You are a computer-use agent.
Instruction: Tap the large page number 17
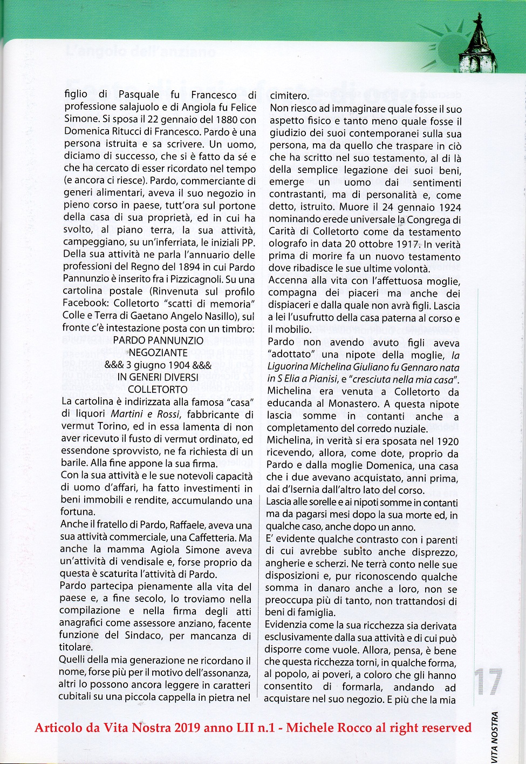point(488,682)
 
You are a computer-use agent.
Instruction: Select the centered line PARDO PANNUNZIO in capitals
point(158,340)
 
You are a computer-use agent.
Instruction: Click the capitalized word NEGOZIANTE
point(158,353)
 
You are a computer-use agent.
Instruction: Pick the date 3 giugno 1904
point(158,365)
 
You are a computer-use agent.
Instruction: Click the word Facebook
point(85,304)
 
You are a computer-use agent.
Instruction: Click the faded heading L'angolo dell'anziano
point(140,52)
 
